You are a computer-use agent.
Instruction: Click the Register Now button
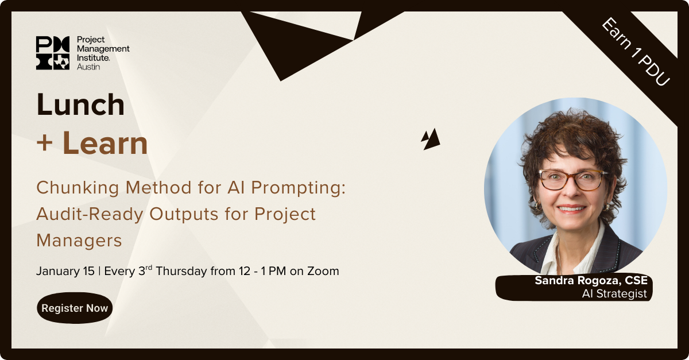pos(75,308)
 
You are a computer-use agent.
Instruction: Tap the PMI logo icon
pos(53,53)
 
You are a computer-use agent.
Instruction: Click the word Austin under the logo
pos(88,67)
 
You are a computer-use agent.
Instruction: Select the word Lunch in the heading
pos(80,104)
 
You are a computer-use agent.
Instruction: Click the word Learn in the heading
pos(105,144)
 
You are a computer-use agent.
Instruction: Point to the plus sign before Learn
pos(45,144)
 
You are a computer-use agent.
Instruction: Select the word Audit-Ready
pos(90,214)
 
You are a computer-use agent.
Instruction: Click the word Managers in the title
pos(79,241)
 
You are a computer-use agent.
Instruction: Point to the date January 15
pos(65,271)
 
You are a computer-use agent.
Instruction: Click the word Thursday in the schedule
pos(181,271)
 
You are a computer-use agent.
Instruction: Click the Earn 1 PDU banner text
pos(635,52)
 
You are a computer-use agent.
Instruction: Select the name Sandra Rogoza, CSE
pos(591,280)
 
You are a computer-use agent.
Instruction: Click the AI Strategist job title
pos(614,293)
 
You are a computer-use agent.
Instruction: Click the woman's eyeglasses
pos(573,180)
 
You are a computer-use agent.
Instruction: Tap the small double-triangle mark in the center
pos(431,139)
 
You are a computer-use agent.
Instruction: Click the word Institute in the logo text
pos(93,57)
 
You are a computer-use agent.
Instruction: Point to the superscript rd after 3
pos(149,267)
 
